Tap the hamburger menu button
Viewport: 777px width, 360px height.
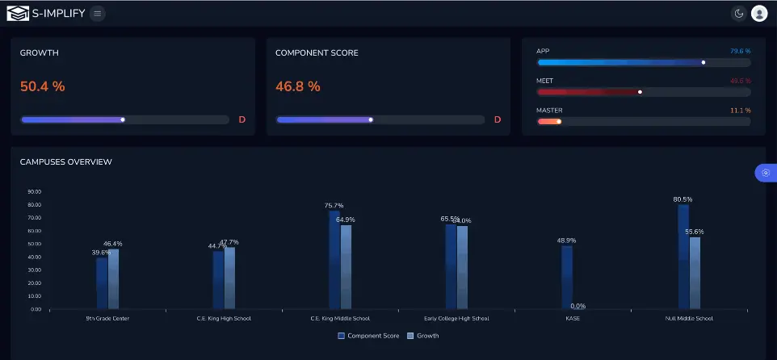click(97, 13)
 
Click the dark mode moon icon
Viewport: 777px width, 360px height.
click(738, 13)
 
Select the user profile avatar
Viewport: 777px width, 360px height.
click(759, 13)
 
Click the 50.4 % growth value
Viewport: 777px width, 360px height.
click(43, 86)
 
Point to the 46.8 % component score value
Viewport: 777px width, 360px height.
click(298, 86)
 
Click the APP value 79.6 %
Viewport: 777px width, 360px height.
click(740, 51)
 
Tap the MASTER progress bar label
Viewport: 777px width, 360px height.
click(549, 110)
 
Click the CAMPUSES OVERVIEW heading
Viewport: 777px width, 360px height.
click(66, 162)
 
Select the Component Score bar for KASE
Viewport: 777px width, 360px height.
click(567, 277)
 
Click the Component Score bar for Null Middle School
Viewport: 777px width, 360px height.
click(683, 257)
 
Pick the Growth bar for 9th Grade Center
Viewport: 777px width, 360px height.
click(113, 278)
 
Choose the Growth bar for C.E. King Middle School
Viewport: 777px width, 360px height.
click(346, 266)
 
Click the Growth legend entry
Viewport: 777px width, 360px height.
click(423, 335)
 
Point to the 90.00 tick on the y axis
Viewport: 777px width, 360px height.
click(35, 192)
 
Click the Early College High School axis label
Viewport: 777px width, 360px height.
click(456, 319)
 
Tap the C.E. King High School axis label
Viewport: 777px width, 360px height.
click(224, 319)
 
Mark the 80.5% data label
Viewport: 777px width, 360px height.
click(682, 199)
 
